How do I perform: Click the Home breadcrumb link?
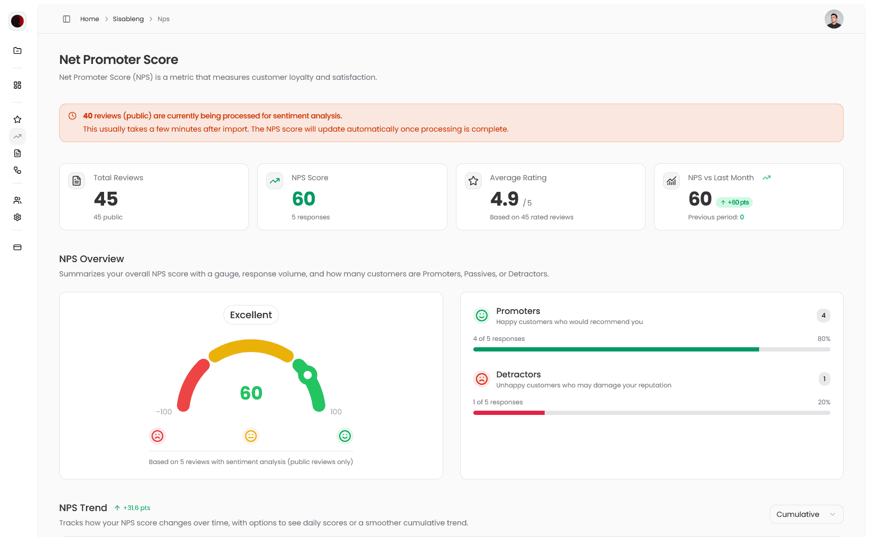(x=89, y=19)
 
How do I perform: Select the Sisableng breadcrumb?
(x=128, y=19)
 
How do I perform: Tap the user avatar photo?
(x=834, y=19)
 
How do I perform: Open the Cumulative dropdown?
(x=806, y=514)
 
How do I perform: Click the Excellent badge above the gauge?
(x=251, y=315)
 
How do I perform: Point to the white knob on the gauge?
(x=307, y=375)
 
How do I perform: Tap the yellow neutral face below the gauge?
(x=251, y=436)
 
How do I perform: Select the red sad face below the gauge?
(x=157, y=436)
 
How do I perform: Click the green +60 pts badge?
(x=734, y=202)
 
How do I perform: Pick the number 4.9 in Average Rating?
(x=504, y=199)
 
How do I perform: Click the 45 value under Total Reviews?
(x=106, y=199)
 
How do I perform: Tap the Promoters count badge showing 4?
(x=823, y=316)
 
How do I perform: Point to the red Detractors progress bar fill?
(x=509, y=413)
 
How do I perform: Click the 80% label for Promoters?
(x=824, y=339)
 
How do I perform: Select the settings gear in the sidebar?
(x=17, y=217)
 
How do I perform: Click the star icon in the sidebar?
(x=17, y=119)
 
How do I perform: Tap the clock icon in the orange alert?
(x=72, y=116)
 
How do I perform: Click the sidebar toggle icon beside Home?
(x=67, y=19)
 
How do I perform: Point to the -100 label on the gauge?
(x=164, y=412)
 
